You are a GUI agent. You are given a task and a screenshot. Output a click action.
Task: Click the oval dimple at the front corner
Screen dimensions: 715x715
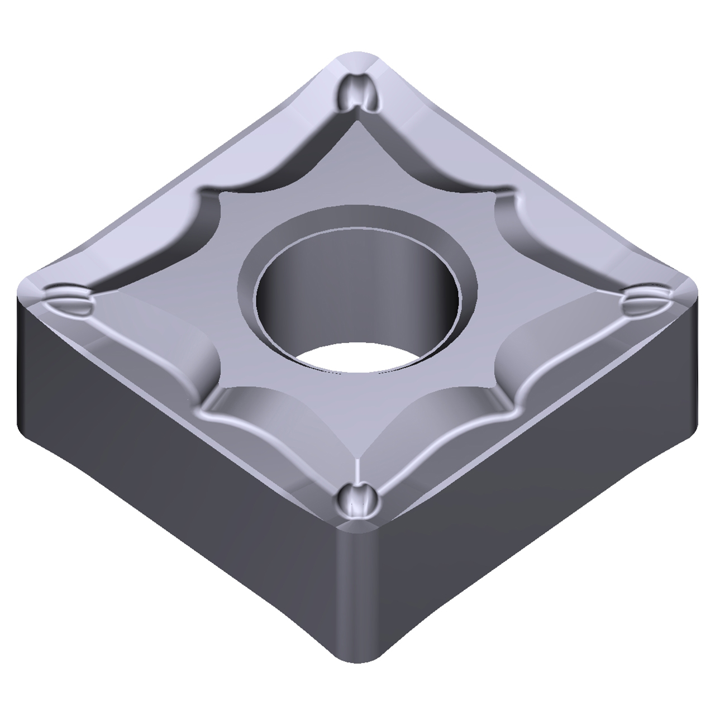pyautogui.click(x=356, y=500)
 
